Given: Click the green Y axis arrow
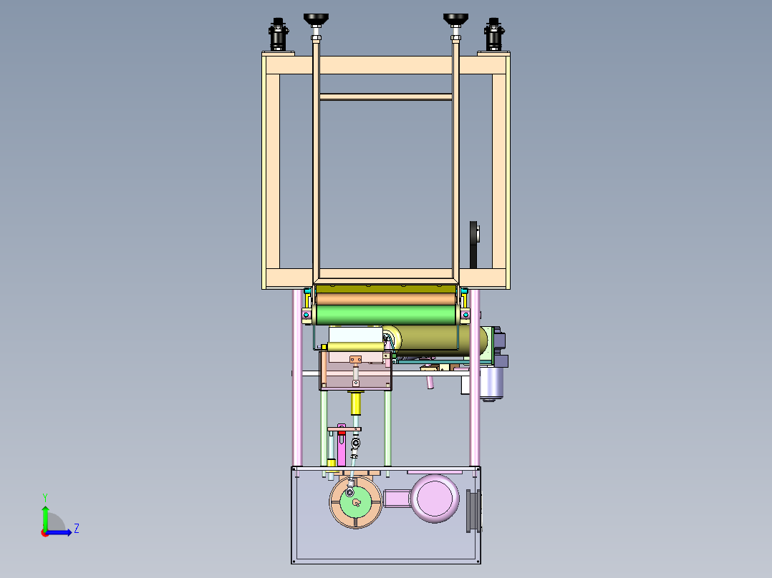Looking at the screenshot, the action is point(45,517).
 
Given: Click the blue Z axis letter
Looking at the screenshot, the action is point(77,529).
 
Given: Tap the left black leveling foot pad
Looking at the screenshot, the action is point(316,20).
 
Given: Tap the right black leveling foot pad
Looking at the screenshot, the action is point(455,20).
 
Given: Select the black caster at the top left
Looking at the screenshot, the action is point(278,34).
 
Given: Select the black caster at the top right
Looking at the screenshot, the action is point(494,34).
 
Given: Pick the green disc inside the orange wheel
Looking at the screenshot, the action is point(356,502).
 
